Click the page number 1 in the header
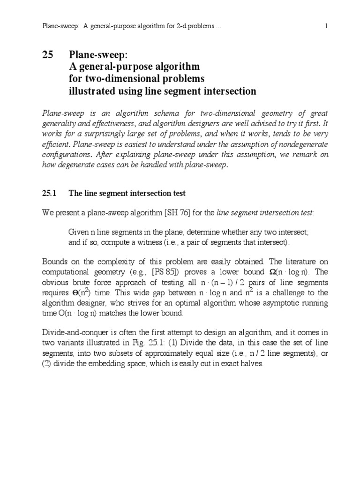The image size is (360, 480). pyautogui.click(x=325, y=27)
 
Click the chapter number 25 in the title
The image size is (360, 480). pyautogui.click(x=49, y=55)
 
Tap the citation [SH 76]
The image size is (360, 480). pyautogui.click(x=178, y=212)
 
